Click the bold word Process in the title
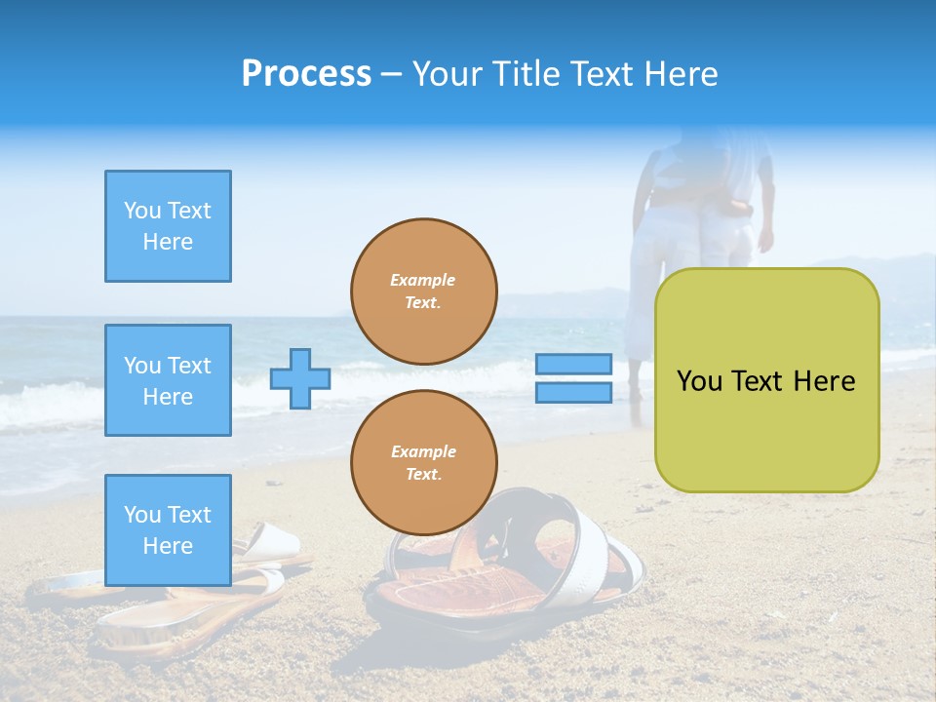pyautogui.click(x=306, y=73)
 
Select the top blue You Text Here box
pyautogui.click(x=168, y=226)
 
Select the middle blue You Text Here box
pyautogui.click(x=168, y=380)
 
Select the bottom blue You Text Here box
pyautogui.click(x=168, y=529)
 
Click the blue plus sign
pyautogui.click(x=300, y=378)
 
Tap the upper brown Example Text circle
pyautogui.click(x=423, y=291)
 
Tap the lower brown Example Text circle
pyautogui.click(x=423, y=462)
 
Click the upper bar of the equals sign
pyautogui.click(x=573, y=364)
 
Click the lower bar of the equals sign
pyautogui.click(x=573, y=392)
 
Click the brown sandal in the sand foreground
pyautogui.click(x=458, y=585)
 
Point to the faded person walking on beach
pyautogui.click(x=697, y=234)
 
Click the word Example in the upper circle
pyautogui.click(x=423, y=280)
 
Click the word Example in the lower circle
pyautogui.click(x=423, y=451)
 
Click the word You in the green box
pyautogui.click(x=699, y=381)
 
